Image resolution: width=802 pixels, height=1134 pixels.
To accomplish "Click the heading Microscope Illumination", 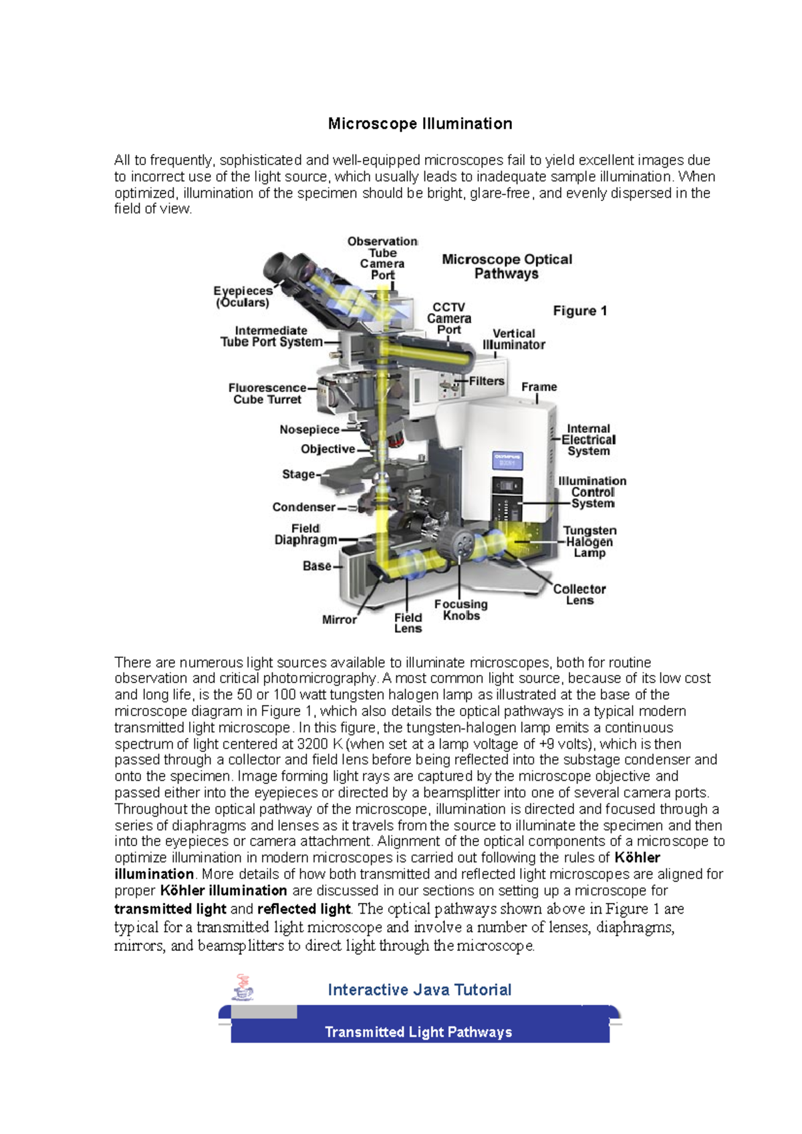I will tap(420, 124).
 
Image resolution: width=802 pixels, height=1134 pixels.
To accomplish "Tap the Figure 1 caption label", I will tap(579, 311).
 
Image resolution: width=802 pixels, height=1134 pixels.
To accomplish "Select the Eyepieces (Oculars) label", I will tap(243, 297).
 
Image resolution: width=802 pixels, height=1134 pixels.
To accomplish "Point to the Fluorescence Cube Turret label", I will tap(267, 393).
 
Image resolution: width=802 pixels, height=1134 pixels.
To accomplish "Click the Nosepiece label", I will tap(309, 430).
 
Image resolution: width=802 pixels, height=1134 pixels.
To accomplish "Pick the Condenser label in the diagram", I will tap(303, 508).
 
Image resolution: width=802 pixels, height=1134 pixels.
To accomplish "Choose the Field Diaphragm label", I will tap(305, 534).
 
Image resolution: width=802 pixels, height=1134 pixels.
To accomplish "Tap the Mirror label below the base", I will tap(339, 620).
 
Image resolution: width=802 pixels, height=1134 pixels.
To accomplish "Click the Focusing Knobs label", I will tap(460, 610).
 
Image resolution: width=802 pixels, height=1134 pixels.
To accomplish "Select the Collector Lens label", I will tap(579, 594).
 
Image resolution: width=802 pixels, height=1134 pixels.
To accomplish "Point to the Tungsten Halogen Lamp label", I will tap(589, 542).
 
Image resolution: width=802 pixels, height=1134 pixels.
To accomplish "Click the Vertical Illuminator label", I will tap(513, 339).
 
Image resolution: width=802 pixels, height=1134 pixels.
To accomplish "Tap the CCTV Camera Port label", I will tap(449, 319).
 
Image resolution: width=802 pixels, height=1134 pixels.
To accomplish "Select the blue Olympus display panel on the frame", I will tap(507, 461).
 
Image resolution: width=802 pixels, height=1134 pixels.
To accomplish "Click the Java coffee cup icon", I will tap(243, 988).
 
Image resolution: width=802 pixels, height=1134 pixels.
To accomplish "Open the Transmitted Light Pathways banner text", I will tap(418, 1032).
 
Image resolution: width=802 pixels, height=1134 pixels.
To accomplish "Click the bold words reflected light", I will tap(303, 909).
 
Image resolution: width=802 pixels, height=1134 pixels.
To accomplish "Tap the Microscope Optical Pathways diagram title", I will tap(507, 266).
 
